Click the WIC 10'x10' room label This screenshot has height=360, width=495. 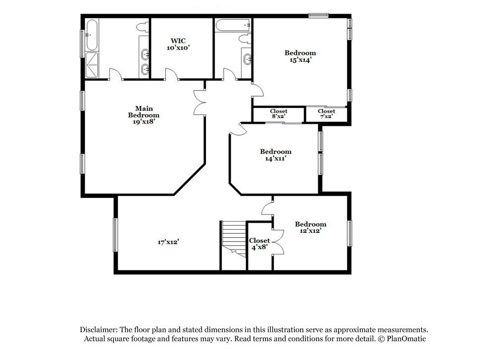178,44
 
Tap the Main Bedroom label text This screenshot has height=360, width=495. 144,112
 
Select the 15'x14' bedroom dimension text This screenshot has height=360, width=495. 300,60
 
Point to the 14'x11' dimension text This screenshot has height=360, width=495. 276,158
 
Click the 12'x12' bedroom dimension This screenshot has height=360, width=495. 310,231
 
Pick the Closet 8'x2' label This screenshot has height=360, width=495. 278,114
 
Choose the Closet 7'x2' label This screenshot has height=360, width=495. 326,114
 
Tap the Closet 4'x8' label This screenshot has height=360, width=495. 259,244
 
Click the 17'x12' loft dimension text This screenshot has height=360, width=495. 169,242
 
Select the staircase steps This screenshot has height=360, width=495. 234,239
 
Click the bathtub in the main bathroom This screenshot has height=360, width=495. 92,35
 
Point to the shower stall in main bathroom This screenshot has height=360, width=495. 92,65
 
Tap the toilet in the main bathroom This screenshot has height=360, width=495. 144,27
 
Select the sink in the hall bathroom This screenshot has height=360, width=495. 247,59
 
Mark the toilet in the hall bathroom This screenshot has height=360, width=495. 245,39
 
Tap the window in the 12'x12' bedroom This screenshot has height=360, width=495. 350,233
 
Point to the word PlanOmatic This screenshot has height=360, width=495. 406,339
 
